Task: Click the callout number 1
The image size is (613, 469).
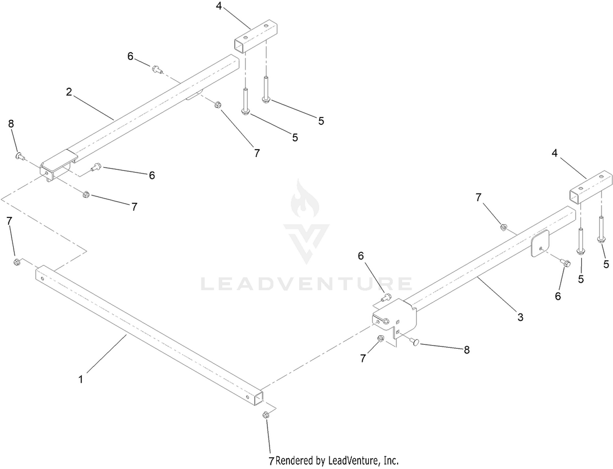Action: [x=81, y=379]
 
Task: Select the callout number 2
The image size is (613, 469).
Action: [x=69, y=92]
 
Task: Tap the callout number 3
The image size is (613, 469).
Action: [x=520, y=317]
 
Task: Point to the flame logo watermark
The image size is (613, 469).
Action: [x=305, y=198]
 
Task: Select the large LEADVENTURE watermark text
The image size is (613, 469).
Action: [x=306, y=283]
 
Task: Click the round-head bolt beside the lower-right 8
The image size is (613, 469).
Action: [x=415, y=342]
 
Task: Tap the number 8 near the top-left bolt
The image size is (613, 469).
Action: [x=11, y=124]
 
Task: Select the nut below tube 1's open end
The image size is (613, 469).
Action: [x=266, y=415]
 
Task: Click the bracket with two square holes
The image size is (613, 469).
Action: [x=394, y=321]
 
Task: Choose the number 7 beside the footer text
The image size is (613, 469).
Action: [x=271, y=461]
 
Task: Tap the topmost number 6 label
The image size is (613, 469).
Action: [x=130, y=56]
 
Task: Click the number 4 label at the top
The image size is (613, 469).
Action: [x=219, y=6]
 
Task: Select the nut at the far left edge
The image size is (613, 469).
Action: [x=17, y=262]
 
